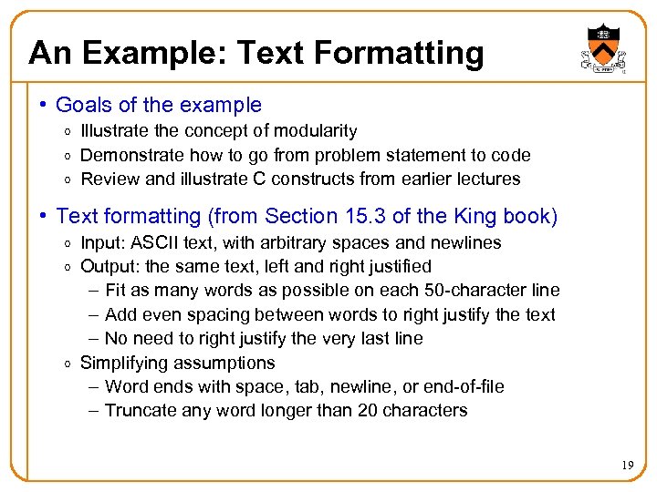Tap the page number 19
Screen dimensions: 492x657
(628, 466)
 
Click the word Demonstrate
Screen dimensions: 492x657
(127, 155)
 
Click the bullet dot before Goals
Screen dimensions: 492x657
(43, 106)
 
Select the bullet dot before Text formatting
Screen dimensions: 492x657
(43, 217)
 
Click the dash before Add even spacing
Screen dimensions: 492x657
(96, 314)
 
